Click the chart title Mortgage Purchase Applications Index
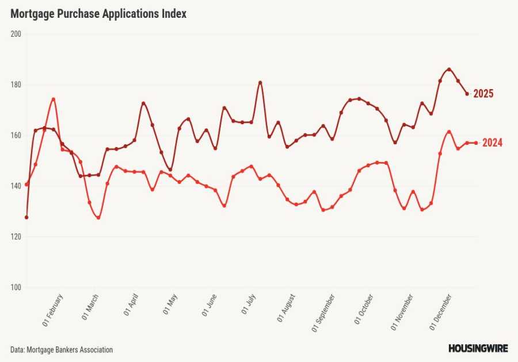coord(98,14)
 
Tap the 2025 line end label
coord(483,94)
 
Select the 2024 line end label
coord(492,143)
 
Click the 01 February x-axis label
coord(53,310)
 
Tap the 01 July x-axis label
coord(249,305)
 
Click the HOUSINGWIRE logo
coord(478,348)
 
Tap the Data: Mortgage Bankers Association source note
coord(62,349)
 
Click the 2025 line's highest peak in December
coord(449,70)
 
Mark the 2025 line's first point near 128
coord(26,217)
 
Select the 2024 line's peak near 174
coord(53,99)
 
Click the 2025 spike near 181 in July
coord(260,82)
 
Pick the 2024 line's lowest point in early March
coord(98,218)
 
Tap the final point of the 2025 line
coord(467,94)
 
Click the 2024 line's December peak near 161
coord(449,132)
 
